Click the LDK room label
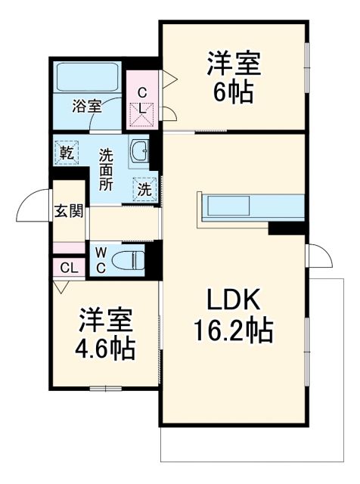tap(234, 301)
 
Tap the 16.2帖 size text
tap(235, 330)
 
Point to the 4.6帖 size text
tap(106, 349)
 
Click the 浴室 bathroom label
tap(86, 105)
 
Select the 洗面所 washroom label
tap(107, 169)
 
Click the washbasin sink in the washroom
tap(139, 151)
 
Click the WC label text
tap(101, 260)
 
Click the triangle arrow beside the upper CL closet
tap(170, 76)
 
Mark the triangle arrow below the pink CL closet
tap(60, 287)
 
